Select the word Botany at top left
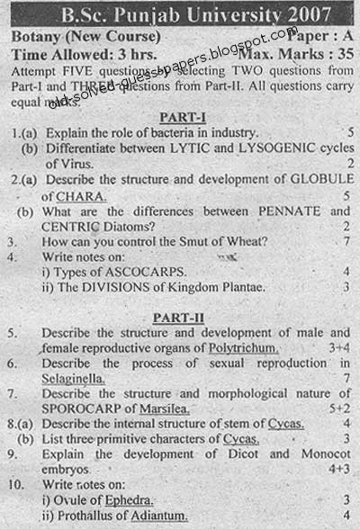[40, 38]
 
